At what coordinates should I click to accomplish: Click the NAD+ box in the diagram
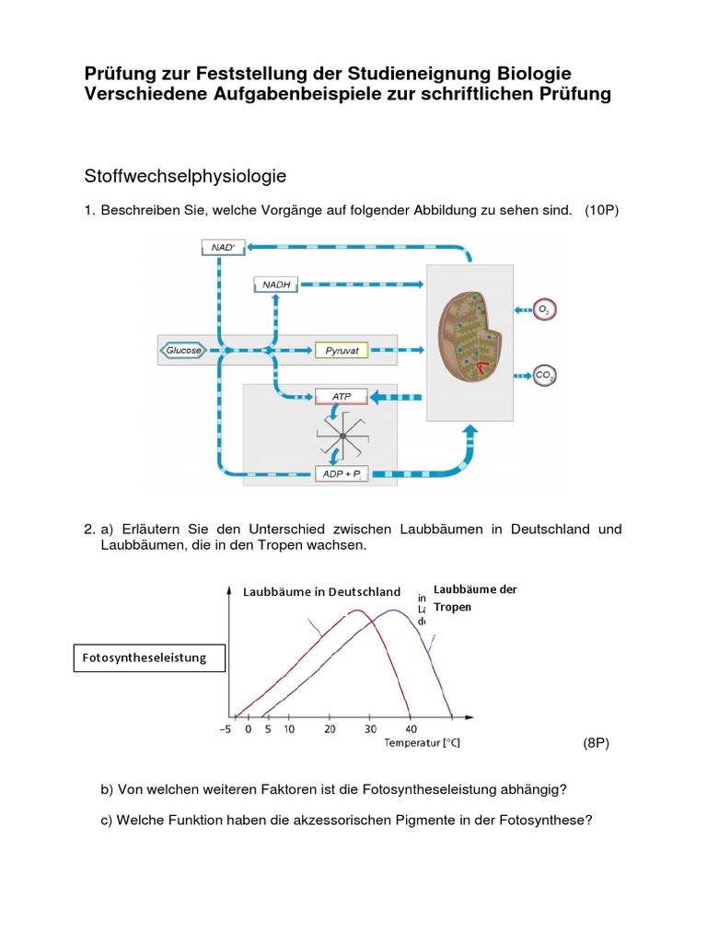(x=223, y=247)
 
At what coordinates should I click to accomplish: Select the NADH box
(x=276, y=285)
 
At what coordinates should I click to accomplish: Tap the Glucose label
(x=183, y=350)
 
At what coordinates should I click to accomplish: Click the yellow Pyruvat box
(x=342, y=350)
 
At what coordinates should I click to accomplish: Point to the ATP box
(x=342, y=397)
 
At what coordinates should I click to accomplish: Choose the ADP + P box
(x=342, y=473)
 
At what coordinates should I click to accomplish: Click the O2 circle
(x=545, y=310)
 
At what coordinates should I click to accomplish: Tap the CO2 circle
(x=545, y=375)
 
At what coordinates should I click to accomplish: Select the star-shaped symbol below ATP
(x=342, y=435)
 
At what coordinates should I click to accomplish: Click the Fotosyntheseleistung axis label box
(x=148, y=658)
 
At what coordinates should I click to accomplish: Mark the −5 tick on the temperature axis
(x=226, y=729)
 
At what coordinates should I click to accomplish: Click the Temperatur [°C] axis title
(x=422, y=743)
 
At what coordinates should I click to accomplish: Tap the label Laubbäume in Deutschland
(x=321, y=591)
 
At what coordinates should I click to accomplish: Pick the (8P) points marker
(x=597, y=743)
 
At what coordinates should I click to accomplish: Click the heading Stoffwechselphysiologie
(x=185, y=175)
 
